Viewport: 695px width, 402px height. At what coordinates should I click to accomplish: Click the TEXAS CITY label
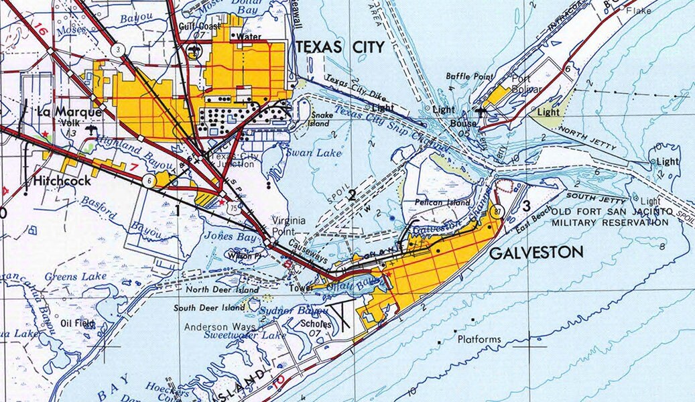pos(340,47)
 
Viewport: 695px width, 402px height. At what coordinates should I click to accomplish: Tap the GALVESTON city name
pos(536,253)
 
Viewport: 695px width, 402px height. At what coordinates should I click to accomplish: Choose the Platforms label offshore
pos(479,340)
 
